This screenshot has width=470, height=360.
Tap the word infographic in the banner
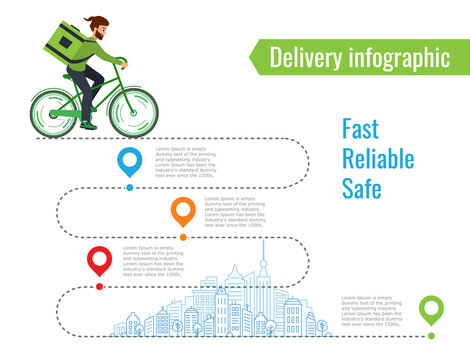(398, 58)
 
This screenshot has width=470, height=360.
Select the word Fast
(361, 129)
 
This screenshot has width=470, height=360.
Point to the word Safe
(362, 188)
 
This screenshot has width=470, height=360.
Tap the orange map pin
(183, 210)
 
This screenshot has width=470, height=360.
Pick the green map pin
(431, 309)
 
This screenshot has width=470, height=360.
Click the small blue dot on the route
(129, 186)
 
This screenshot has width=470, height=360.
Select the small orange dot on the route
(183, 236)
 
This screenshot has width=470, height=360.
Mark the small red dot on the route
(99, 286)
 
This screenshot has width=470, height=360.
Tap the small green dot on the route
(431, 335)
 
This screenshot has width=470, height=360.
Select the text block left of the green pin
(371, 311)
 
